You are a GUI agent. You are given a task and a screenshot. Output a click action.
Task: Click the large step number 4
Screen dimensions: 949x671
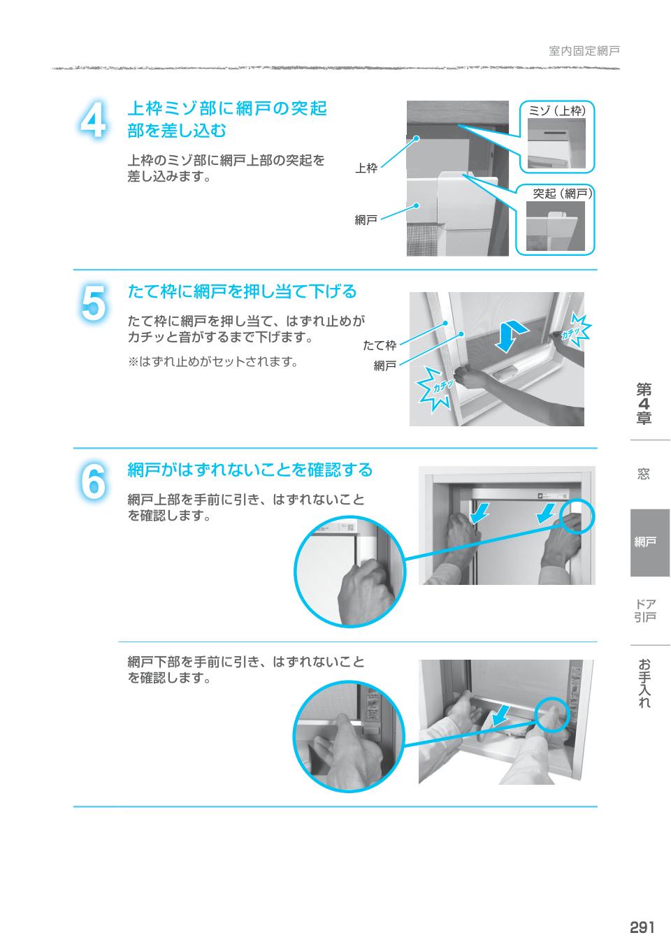pyautogui.click(x=93, y=121)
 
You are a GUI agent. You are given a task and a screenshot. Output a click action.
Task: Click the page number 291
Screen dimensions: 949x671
pyautogui.click(x=642, y=927)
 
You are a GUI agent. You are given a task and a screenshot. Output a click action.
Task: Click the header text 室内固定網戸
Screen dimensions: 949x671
pyautogui.click(x=584, y=51)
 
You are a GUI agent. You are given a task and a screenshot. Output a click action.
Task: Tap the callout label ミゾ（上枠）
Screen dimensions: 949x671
pyautogui.click(x=557, y=110)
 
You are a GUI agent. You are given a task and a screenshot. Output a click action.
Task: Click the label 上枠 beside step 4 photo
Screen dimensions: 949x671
pyautogui.click(x=366, y=168)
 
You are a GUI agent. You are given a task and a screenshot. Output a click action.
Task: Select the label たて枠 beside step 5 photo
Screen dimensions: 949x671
pyautogui.click(x=380, y=345)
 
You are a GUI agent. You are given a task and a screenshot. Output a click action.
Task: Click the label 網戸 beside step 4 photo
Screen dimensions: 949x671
pyautogui.click(x=366, y=220)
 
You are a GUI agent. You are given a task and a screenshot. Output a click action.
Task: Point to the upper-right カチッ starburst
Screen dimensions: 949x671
pyautogui.click(x=572, y=328)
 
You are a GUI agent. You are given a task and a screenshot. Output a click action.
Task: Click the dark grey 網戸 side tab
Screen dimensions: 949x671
pyautogui.click(x=650, y=542)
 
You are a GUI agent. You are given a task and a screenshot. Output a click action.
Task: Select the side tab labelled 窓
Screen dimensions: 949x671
pyautogui.click(x=644, y=474)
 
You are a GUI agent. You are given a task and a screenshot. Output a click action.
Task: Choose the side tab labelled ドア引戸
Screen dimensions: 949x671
pyautogui.click(x=644, y=610)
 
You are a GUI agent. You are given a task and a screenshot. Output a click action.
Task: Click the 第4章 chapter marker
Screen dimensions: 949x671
pyautogui.click(x=644, y=404)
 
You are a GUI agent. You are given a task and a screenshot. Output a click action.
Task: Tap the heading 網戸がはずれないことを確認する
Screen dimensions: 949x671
pyautogui.click(x=250, y=470)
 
